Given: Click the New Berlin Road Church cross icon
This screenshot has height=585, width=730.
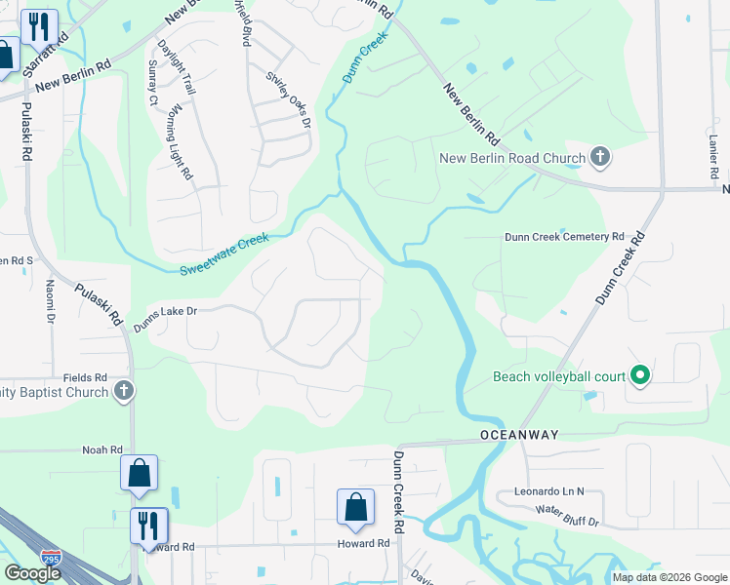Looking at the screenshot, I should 600,158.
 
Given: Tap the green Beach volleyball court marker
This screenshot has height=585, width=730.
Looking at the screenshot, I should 640,375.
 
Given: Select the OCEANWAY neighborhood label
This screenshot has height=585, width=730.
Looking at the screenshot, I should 509,433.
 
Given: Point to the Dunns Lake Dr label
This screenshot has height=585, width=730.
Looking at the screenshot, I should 166,318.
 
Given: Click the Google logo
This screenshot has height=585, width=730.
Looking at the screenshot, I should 32,572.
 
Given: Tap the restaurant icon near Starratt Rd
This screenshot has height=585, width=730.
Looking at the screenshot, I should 39,26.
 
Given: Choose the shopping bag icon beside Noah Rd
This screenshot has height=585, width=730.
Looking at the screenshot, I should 139,474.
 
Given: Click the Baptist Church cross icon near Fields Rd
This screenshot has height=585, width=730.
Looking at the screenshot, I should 123,392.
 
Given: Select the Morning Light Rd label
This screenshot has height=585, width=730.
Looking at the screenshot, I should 181,141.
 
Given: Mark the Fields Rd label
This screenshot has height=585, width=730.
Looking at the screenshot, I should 85,377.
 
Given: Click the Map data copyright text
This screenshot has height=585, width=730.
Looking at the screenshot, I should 669,576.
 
